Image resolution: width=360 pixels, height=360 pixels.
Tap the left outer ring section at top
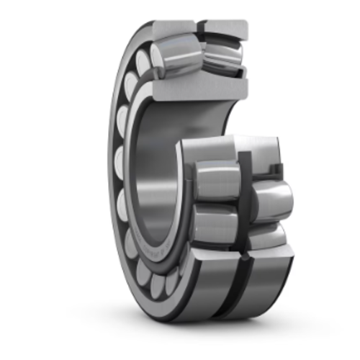tap(173, 27)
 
